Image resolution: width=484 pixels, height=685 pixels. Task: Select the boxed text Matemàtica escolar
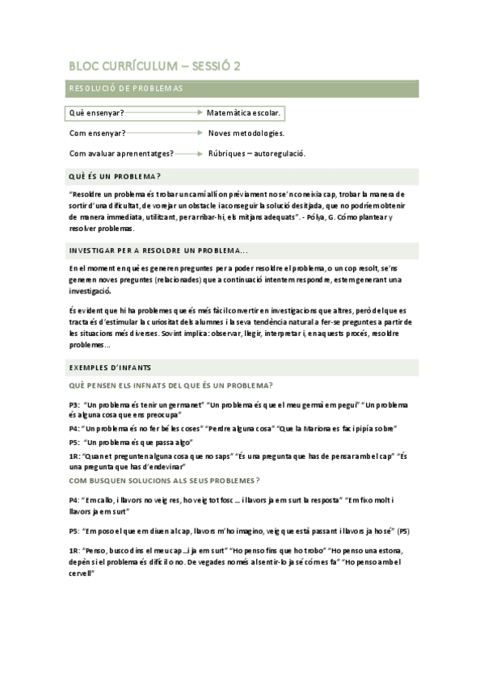click(243, 112)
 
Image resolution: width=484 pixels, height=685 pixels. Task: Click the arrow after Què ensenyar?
click(165, 112)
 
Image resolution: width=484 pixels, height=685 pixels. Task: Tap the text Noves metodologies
click(246, 132)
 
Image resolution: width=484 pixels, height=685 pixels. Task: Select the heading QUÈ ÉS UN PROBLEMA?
click(115, 176)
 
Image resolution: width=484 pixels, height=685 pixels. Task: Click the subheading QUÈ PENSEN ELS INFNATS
click(170, 385)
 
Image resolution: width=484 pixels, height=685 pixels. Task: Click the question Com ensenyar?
click(97, 132)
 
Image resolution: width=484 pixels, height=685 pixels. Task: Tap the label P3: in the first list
click(74, 404)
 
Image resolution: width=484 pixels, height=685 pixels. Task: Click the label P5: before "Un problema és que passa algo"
click(74, 442)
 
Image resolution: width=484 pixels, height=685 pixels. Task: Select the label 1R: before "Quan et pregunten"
click(74, 456)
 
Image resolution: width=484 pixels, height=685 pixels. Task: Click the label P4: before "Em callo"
click(74, 500)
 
